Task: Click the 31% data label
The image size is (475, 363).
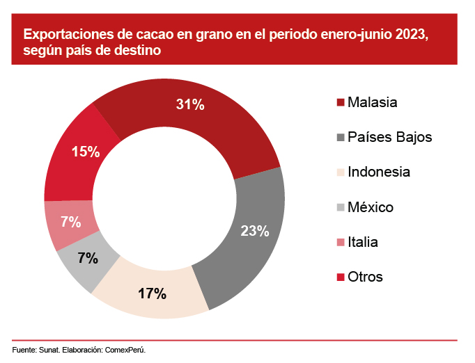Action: tap(189, 105)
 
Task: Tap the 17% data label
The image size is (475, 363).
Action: tap(152, 293)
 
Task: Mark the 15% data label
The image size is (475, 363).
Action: tap(86, 151)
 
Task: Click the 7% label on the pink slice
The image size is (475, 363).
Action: tap(70, 223)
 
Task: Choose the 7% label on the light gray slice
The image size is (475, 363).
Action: tap(88, 258)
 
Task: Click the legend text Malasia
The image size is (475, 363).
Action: tap(373, 102)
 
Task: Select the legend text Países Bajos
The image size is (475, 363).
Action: tap(390, 137)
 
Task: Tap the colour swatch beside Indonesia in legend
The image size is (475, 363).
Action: tap(341, 172)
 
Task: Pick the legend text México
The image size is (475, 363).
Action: tap(371, 207)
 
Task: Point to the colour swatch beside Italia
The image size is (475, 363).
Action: tap(341, 242)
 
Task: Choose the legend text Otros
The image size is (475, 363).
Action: tap(366, 277)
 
